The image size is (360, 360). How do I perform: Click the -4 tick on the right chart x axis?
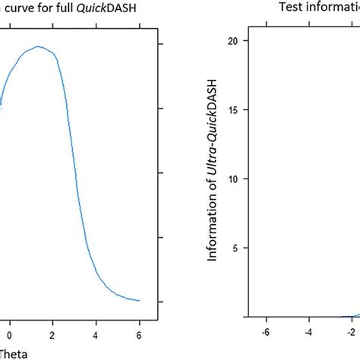coord(309,332)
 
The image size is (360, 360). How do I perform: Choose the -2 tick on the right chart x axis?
coord(351,332)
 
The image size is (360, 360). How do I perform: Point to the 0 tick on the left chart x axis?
coord(10,332)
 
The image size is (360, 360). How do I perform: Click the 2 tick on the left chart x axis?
coord(53,332)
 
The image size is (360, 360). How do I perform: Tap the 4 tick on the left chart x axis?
coord(96,332)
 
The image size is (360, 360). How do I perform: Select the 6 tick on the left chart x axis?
coord(140,332)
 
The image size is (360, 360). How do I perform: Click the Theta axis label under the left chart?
coord(11,352)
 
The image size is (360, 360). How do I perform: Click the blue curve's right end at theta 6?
coord(140,300)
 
